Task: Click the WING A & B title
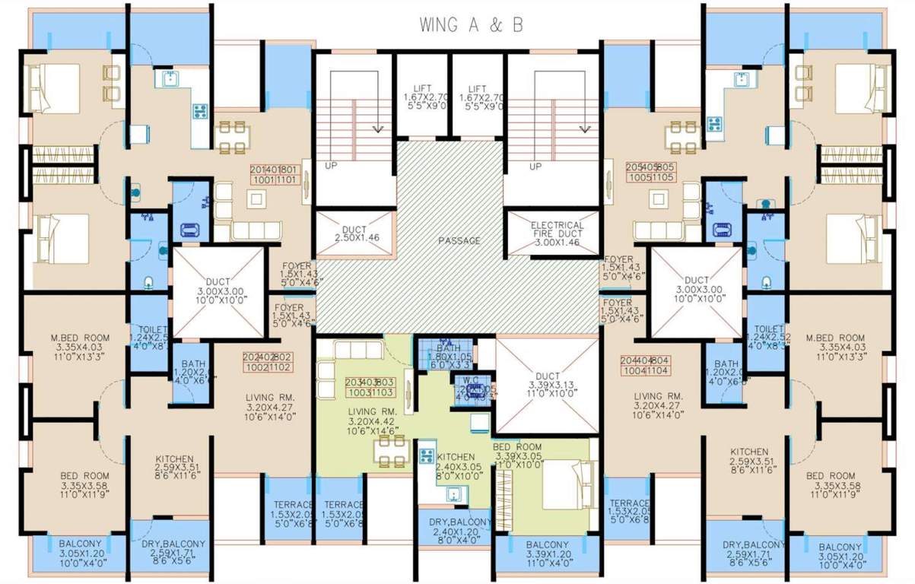472,25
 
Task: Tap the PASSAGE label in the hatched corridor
459,241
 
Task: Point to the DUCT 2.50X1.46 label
356,233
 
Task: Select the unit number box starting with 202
268,362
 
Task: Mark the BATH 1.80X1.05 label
444,355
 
